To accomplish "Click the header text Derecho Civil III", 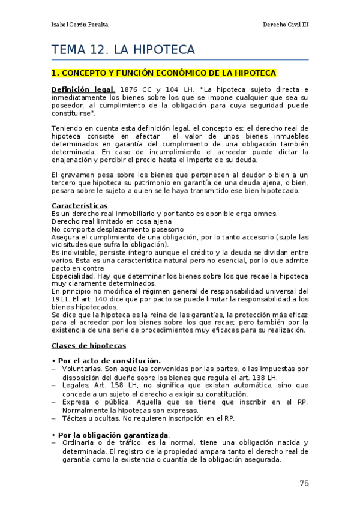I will [x=286, y=25].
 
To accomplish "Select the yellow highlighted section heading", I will [x=164, y=73].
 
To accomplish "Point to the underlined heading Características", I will [x=79, y=206].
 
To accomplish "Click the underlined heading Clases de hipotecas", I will [x=88, y=346].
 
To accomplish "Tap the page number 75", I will [x=304, y=483].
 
